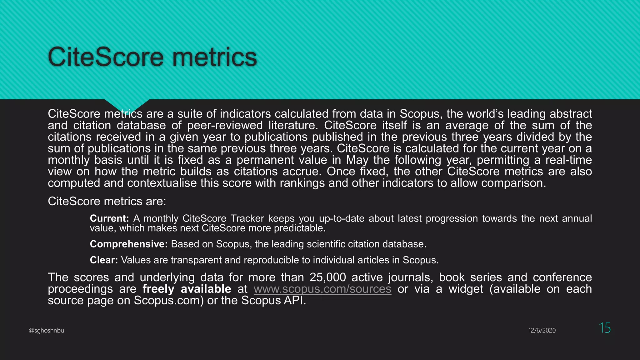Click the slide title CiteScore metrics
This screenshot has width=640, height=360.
[152, 57]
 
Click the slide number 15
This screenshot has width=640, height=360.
[605, 328]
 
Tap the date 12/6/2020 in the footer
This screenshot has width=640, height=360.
[542, 330]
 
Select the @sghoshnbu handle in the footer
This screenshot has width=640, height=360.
[46, 330]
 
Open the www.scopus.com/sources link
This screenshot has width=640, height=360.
[322, 289]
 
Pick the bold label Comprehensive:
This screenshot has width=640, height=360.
[129, 244]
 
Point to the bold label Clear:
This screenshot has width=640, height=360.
[104, 260]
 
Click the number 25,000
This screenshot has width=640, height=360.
[328, 277]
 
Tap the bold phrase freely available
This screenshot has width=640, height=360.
[187, 289]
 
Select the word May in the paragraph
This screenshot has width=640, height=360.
[357, 160]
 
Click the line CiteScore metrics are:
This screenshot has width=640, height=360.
[107, 202]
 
